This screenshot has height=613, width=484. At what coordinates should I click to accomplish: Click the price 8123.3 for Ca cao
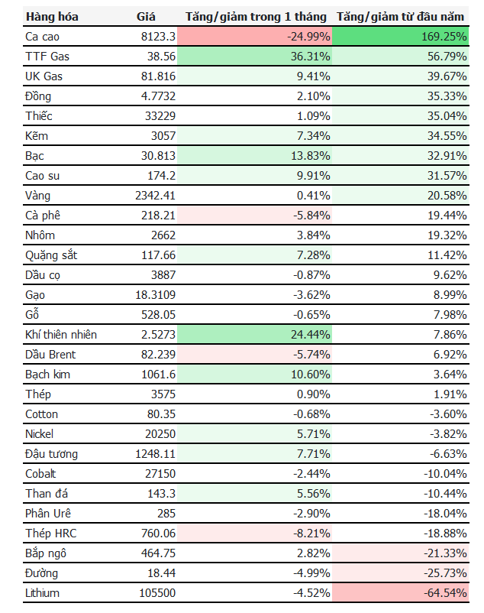pos(158,37)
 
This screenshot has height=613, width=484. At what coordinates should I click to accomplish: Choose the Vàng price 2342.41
pos(155,196)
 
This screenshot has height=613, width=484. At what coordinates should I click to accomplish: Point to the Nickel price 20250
pos(160,434)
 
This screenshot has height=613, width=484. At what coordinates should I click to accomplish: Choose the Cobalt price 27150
pos(160,474)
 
